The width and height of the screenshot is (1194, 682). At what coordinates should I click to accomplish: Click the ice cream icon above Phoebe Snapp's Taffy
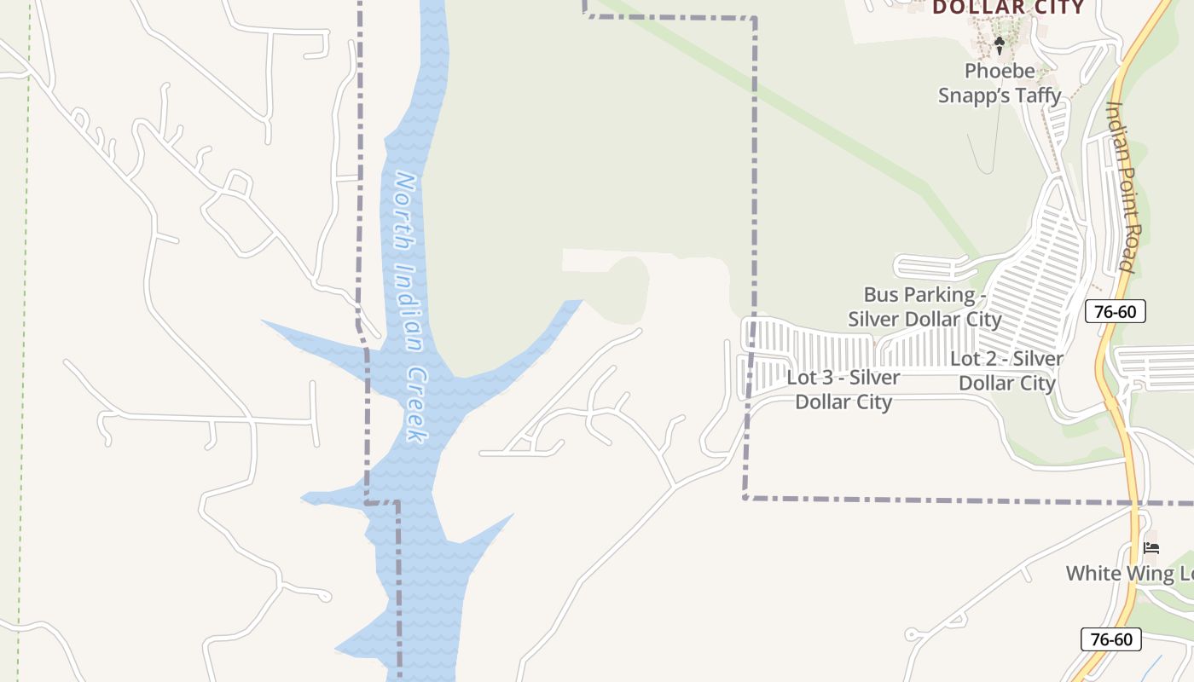(x=1000, y=44)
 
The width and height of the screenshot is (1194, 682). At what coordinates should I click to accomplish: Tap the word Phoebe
(x=1000, y=72)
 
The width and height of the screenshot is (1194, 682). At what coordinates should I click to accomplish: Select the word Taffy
(x=1037, y=95)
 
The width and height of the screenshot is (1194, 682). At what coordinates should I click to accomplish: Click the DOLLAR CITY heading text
(x=1008, y=9)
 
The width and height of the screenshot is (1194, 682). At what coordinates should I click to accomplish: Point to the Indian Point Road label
(x=1121, y=186)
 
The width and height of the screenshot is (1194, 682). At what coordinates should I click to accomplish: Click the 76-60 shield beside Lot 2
(x=1116, y=311)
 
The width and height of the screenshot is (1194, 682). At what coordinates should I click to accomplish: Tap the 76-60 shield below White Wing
(x=1110, y=639)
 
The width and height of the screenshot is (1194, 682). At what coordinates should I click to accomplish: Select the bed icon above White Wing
(x=1151, y=547)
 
